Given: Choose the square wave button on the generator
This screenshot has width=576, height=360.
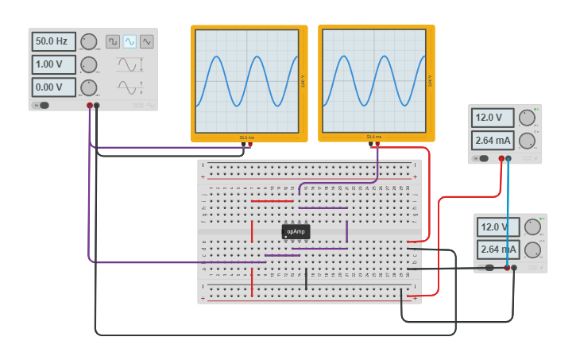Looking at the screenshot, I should [113, 41].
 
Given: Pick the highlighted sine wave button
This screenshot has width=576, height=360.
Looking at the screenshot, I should [130, 41].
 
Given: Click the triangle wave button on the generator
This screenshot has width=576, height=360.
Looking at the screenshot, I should [147, 41].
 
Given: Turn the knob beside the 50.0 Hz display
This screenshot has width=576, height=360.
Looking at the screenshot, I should [89, 41].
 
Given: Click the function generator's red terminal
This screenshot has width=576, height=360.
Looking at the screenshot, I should [90, 105].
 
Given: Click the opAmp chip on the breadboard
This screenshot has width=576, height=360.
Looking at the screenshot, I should [296, 231].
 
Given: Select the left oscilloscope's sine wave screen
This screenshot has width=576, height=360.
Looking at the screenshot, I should [247, 80].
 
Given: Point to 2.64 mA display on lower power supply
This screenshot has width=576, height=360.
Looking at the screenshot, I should [497, 250].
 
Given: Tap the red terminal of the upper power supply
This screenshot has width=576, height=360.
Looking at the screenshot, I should [501, 159].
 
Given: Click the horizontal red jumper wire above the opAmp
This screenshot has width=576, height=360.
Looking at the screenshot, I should [273, 201].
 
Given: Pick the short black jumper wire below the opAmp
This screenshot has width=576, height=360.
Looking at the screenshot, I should [306, 277].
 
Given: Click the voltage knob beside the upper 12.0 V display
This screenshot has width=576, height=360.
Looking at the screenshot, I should [527, 118].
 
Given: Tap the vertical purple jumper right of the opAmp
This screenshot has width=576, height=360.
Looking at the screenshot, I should [347, 231].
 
